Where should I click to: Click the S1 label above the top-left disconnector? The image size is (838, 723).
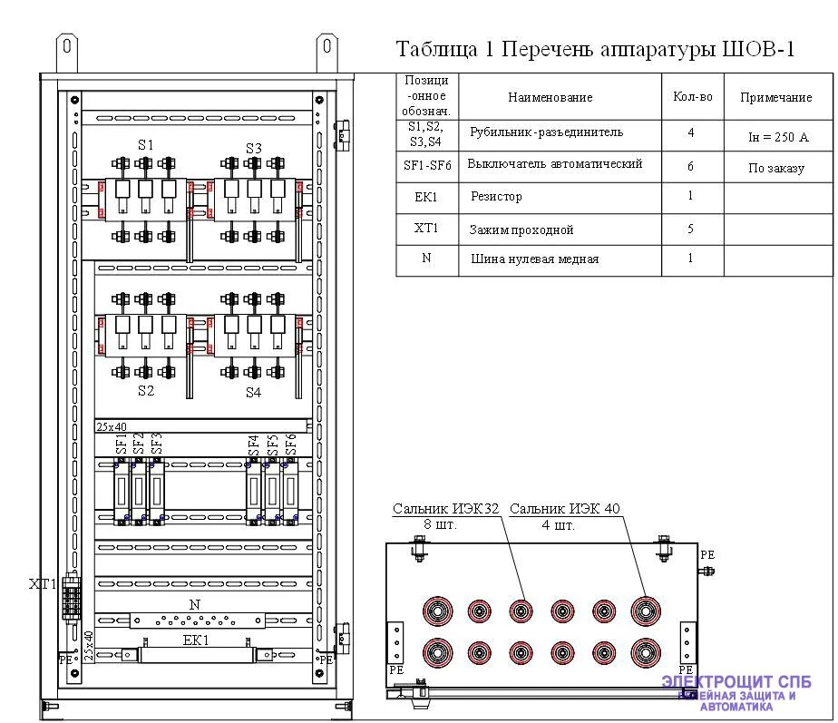click(x=146, y=144)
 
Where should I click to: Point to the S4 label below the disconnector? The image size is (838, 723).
click(x=253, y=393)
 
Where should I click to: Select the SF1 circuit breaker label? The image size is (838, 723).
click(x=122, y=444)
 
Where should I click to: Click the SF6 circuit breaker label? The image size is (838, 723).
click(x=291, y=444)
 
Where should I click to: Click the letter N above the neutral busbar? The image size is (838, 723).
click(x=194, y=604)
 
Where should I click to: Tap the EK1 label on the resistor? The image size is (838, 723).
click(x=196, y=640)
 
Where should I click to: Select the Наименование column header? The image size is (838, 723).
click(x=550, y=97)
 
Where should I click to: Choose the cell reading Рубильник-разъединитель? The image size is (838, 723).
click(x=546, y=132)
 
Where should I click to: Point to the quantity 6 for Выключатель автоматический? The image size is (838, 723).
click(x=690, y=167)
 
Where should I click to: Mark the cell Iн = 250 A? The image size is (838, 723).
click(x=777, y=138)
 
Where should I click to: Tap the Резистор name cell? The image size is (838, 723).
click(x=496, y=197)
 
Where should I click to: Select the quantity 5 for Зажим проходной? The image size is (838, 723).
click(x=690, y=230)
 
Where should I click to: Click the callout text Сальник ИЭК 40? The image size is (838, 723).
click(x=564, y=509)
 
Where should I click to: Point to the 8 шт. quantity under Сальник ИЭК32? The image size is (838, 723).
click(x=440, y=524)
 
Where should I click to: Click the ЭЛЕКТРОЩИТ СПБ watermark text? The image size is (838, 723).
click(x=736, y=682)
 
